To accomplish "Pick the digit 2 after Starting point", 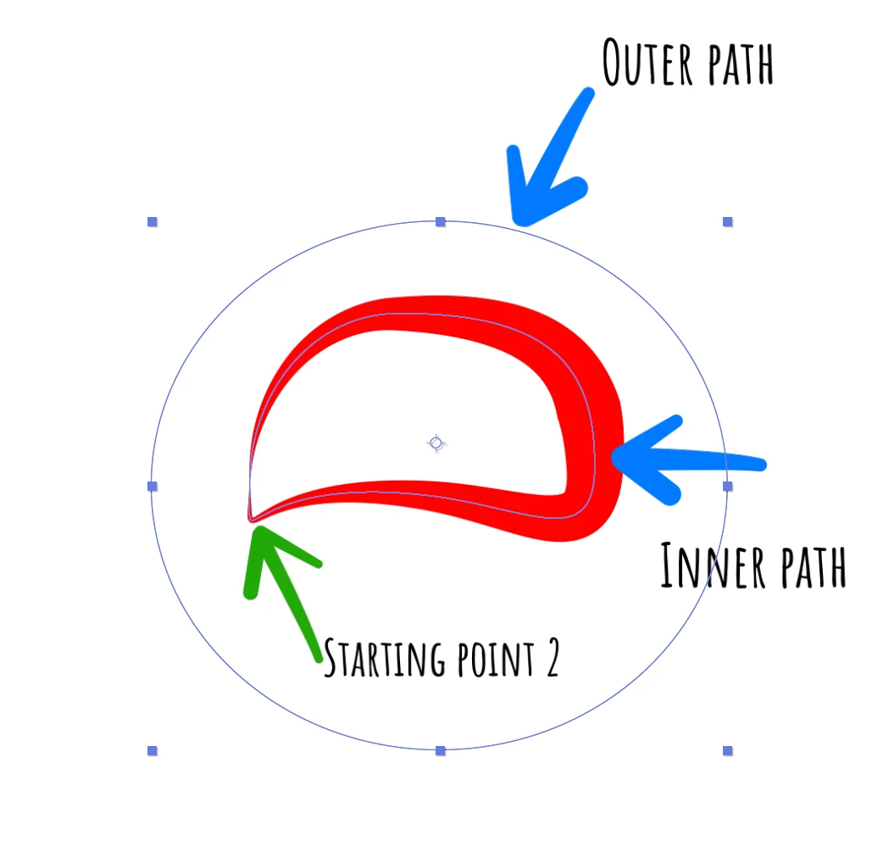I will tap(551, 660).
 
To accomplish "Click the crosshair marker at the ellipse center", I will tap(436, 443).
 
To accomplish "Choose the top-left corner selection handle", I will tap(153, 222).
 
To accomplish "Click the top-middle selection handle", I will tap(440, 222).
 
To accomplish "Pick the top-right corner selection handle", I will tap(727, 222).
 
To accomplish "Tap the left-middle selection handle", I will tap(153, 486).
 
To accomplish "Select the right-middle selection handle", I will tap(727, 486).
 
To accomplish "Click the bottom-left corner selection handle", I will tap(153, 750).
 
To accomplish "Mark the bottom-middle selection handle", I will tap(440, 750).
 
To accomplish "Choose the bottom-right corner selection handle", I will tap(727, 750).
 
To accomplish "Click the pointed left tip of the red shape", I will tap(251, 518).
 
